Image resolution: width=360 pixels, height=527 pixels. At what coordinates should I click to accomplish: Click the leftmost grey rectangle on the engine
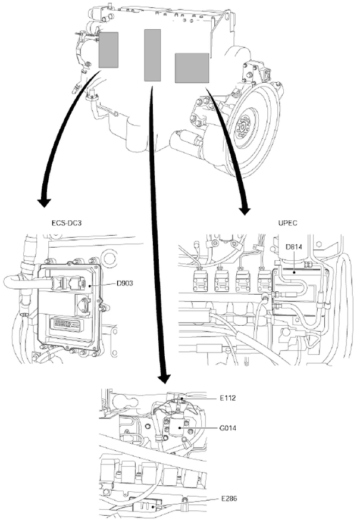108,49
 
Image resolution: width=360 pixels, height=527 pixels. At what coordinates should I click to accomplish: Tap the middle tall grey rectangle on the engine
153,55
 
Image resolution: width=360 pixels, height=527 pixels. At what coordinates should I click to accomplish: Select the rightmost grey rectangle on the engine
192,68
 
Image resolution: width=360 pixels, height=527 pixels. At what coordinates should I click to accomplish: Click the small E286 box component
149,507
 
